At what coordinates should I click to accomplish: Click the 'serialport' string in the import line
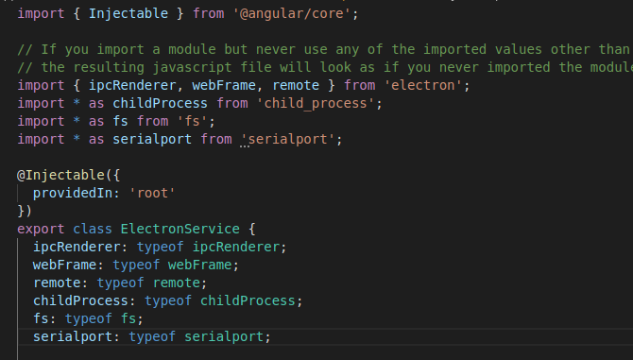pos(290,140)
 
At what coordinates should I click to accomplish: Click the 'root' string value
pos(152,194)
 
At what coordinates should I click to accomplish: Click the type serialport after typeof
pos(227,337)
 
